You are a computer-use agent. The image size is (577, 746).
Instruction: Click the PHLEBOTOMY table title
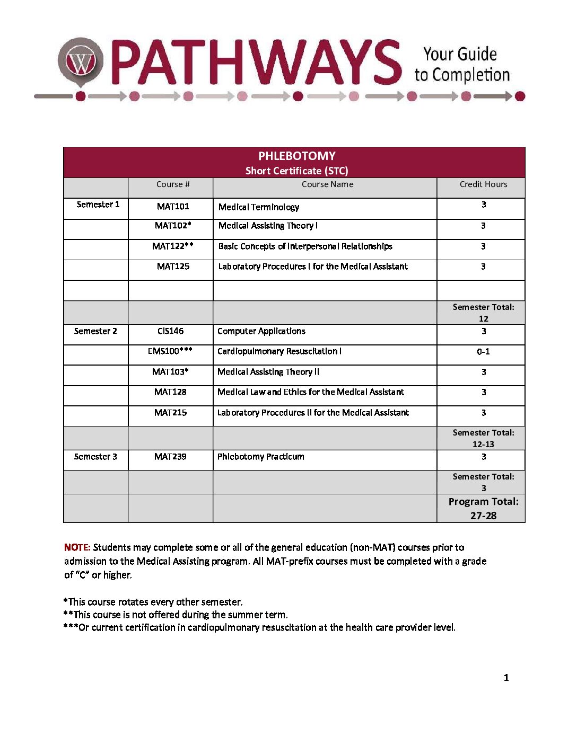pos(296,156)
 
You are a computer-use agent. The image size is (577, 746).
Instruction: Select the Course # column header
pos(173,184)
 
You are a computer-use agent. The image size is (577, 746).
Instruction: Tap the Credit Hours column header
pos(483,184)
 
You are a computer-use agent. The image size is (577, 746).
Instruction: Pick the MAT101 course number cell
pos(173,207)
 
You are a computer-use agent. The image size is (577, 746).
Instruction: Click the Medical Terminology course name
pos(259,207)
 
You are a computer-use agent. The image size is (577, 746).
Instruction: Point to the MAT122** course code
pos(173,246)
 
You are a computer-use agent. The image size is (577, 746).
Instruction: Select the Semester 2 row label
pos(95,331)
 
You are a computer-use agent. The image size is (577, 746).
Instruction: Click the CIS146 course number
pos(170,331)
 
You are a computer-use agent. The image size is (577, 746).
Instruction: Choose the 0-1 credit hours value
pos(483,352)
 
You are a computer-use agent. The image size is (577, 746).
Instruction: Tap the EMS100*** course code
pos(170,351)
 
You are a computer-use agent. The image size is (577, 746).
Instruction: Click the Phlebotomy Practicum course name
pos(261,457)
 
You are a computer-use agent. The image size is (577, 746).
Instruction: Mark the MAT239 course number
pos(170,457)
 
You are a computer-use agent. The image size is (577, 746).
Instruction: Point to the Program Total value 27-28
pos(483,516)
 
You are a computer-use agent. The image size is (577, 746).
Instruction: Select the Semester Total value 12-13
pos(483,445)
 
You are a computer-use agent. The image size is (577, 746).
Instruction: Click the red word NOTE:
pos(77,547)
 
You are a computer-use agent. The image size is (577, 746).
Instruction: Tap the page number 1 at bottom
pos(506,678)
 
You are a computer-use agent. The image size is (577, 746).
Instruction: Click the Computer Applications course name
pos(261,331)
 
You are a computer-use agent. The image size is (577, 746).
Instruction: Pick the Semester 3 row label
pos(95,457)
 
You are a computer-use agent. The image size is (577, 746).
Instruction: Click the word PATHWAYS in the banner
pos(257,63)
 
